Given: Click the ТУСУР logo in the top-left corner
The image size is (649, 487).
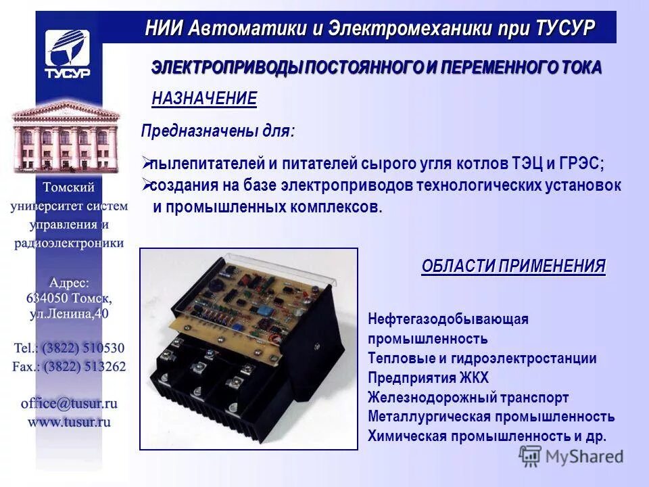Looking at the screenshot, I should [x=68, y=54].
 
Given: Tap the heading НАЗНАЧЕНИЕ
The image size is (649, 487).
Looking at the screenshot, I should [x=204, y=99].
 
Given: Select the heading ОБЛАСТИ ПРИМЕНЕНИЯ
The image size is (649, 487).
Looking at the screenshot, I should [x=514, y=266].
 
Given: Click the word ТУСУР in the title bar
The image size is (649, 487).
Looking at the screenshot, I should [x=565, y=28].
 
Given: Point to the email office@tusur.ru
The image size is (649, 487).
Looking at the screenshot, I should [x=69, y=403].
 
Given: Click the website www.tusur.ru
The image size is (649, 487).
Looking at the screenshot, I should [x=69, y=421].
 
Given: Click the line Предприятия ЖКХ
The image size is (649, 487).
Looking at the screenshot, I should [x=428, y=378].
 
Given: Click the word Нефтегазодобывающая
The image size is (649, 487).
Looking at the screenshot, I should [x=448, y=319].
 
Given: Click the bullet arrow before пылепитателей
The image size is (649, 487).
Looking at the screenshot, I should [x=145, y=163].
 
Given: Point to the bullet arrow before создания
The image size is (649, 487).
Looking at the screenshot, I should [x=145, y=184].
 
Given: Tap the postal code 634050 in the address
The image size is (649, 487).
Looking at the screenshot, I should [x=49, y=298].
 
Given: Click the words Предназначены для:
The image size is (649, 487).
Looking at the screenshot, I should [x=217, y=131].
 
